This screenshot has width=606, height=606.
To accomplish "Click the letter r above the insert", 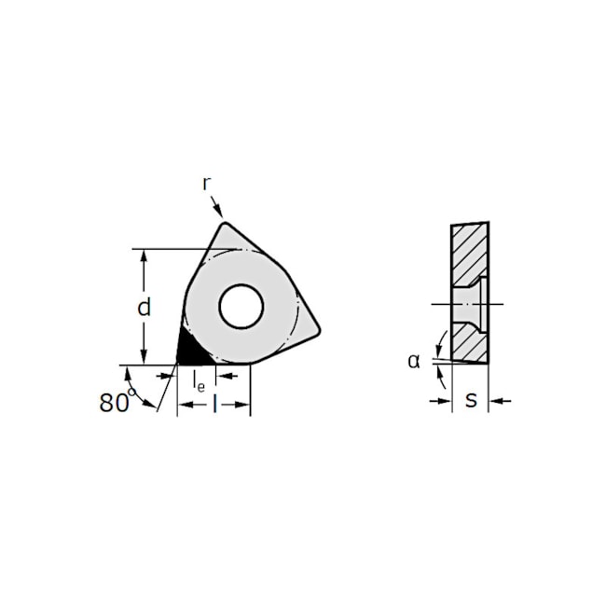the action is pos(206,184).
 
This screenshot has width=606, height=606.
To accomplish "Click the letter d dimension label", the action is pos(145,308).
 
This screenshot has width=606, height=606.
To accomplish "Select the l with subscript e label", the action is pos(199,381).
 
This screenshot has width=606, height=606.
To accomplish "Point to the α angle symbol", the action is pos(414,361).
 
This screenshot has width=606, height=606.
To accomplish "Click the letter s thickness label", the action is pos(471,400).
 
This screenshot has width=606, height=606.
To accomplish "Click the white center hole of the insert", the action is pos(241,307).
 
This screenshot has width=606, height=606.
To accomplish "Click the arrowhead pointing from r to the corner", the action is pos(219,212).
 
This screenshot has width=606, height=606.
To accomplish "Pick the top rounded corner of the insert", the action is pos(225,225).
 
